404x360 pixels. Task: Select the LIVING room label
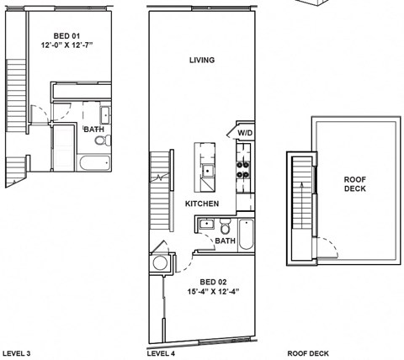tap(202, 61)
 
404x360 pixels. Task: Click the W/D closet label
tap(245, 133)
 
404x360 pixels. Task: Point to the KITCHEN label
tap(202, 204)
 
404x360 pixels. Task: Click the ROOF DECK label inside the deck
tap(355, 183)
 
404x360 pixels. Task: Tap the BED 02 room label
tap(212, 282)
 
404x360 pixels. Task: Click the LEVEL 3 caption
tap(17, 353)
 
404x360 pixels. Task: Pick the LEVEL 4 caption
tap(161, 353)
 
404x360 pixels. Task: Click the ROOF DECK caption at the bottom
tap(307, 353)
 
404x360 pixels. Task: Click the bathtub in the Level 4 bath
tap(246, 234)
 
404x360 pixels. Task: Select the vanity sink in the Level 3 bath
tap(104, 116)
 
